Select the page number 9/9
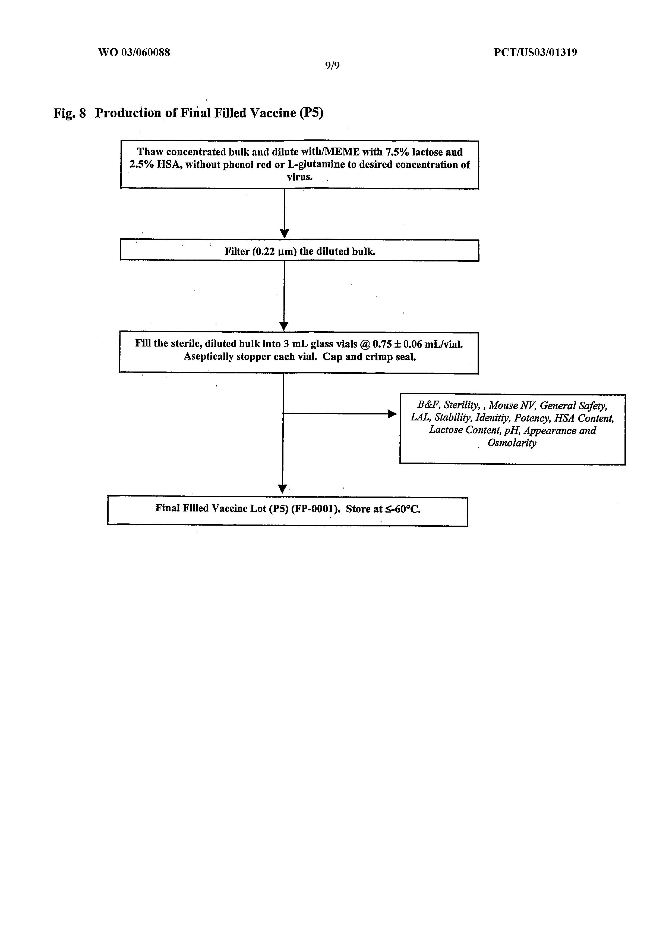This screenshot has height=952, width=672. point(332,65)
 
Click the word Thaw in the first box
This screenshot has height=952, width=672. point(150,152)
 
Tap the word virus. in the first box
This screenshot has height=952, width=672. point(299,177)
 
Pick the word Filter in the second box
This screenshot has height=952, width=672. point(237,252)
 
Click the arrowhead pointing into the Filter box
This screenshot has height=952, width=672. point(285,233)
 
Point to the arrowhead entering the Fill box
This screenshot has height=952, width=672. point(284,326)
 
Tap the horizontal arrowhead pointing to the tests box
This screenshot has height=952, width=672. point(392,413)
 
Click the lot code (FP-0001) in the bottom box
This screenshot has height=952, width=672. point(315,509)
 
